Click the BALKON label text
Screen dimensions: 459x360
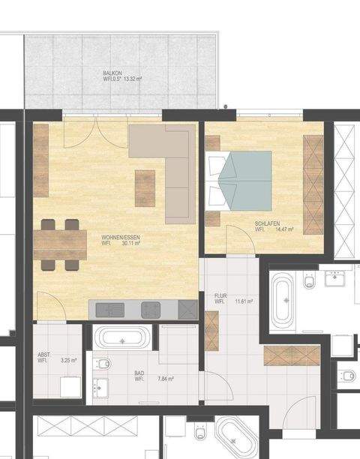[x=113, y=73]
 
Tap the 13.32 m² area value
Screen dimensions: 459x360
[x=133, y=78]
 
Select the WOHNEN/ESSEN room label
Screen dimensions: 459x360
[x=121, y=237]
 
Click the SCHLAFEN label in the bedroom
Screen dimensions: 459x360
[x=267, y=223]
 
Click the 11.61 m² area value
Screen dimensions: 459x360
[x=244, y=301]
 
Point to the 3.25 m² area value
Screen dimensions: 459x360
[x=67, y=361]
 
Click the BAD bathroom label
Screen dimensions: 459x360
[x=139, y=373]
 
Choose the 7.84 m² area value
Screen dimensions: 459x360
[x=165, y=379]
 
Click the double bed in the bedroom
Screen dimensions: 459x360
[x=240, y=180]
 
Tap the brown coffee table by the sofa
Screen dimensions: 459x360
[x=145, y=187]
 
